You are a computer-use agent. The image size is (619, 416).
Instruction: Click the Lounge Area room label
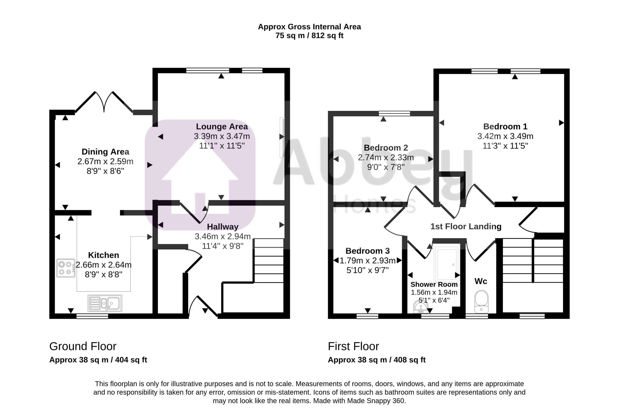222,127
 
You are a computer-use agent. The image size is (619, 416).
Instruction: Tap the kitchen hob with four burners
66,268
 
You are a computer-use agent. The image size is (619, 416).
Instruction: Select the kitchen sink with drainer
105,303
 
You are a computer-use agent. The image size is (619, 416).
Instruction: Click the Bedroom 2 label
386,148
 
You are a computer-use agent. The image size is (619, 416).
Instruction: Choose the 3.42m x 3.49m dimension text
505,136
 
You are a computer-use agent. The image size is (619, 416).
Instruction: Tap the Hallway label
223,227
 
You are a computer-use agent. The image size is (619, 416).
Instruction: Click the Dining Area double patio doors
104,102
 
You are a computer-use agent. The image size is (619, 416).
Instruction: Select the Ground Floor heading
83,347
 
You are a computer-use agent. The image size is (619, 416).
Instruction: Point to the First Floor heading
353,347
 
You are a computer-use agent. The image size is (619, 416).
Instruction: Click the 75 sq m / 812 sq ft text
309,36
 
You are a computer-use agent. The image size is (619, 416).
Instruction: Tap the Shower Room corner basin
420,307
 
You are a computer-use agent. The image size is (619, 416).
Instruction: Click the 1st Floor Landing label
466,226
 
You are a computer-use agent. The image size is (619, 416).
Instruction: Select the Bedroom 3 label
368,251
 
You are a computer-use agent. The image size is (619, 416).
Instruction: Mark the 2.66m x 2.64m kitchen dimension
103,265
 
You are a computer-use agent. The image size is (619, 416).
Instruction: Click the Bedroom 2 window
394,113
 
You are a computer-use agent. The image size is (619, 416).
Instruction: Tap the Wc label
481,281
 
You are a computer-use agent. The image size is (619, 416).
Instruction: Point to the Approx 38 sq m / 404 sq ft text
98,360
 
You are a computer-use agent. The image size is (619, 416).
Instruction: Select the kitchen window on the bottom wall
92,316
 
